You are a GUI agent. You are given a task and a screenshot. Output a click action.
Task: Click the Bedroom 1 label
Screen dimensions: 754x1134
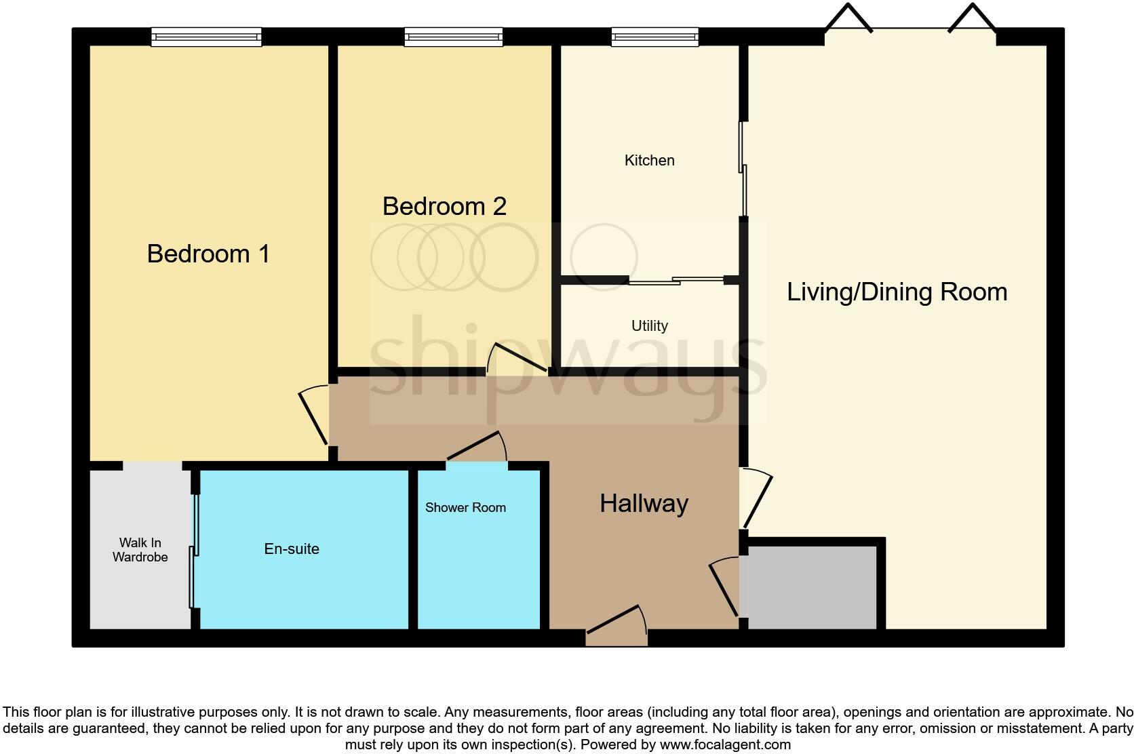pos(208,254)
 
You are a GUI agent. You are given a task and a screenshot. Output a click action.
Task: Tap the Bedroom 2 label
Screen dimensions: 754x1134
pos(444,206)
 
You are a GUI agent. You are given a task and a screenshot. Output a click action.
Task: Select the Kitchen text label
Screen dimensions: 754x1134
pos(649,161)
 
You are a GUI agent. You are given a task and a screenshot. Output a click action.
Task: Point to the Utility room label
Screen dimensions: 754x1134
pos(649,326)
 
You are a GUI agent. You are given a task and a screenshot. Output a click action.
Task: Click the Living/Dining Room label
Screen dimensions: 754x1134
pos(897,292)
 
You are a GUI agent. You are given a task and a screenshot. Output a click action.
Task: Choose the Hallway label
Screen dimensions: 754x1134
pos(644,504)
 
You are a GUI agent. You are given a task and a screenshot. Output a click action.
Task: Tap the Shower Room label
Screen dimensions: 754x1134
pos(465,508)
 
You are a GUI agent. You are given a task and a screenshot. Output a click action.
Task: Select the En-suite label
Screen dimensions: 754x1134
pos(292,549)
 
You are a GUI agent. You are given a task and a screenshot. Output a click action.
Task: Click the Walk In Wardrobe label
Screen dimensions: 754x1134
pos(140,550)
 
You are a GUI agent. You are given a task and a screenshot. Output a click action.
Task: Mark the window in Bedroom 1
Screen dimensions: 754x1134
pos(206,37)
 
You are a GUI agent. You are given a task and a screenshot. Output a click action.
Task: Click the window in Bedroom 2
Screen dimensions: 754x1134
pos(454,37)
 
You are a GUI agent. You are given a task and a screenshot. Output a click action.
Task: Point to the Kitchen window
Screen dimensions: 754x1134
pos(654,37)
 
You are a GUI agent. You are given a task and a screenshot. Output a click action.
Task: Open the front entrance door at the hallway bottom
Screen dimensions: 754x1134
pos(616,625)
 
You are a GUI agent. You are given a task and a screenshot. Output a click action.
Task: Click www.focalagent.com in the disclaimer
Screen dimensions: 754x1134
pos(726,745)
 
